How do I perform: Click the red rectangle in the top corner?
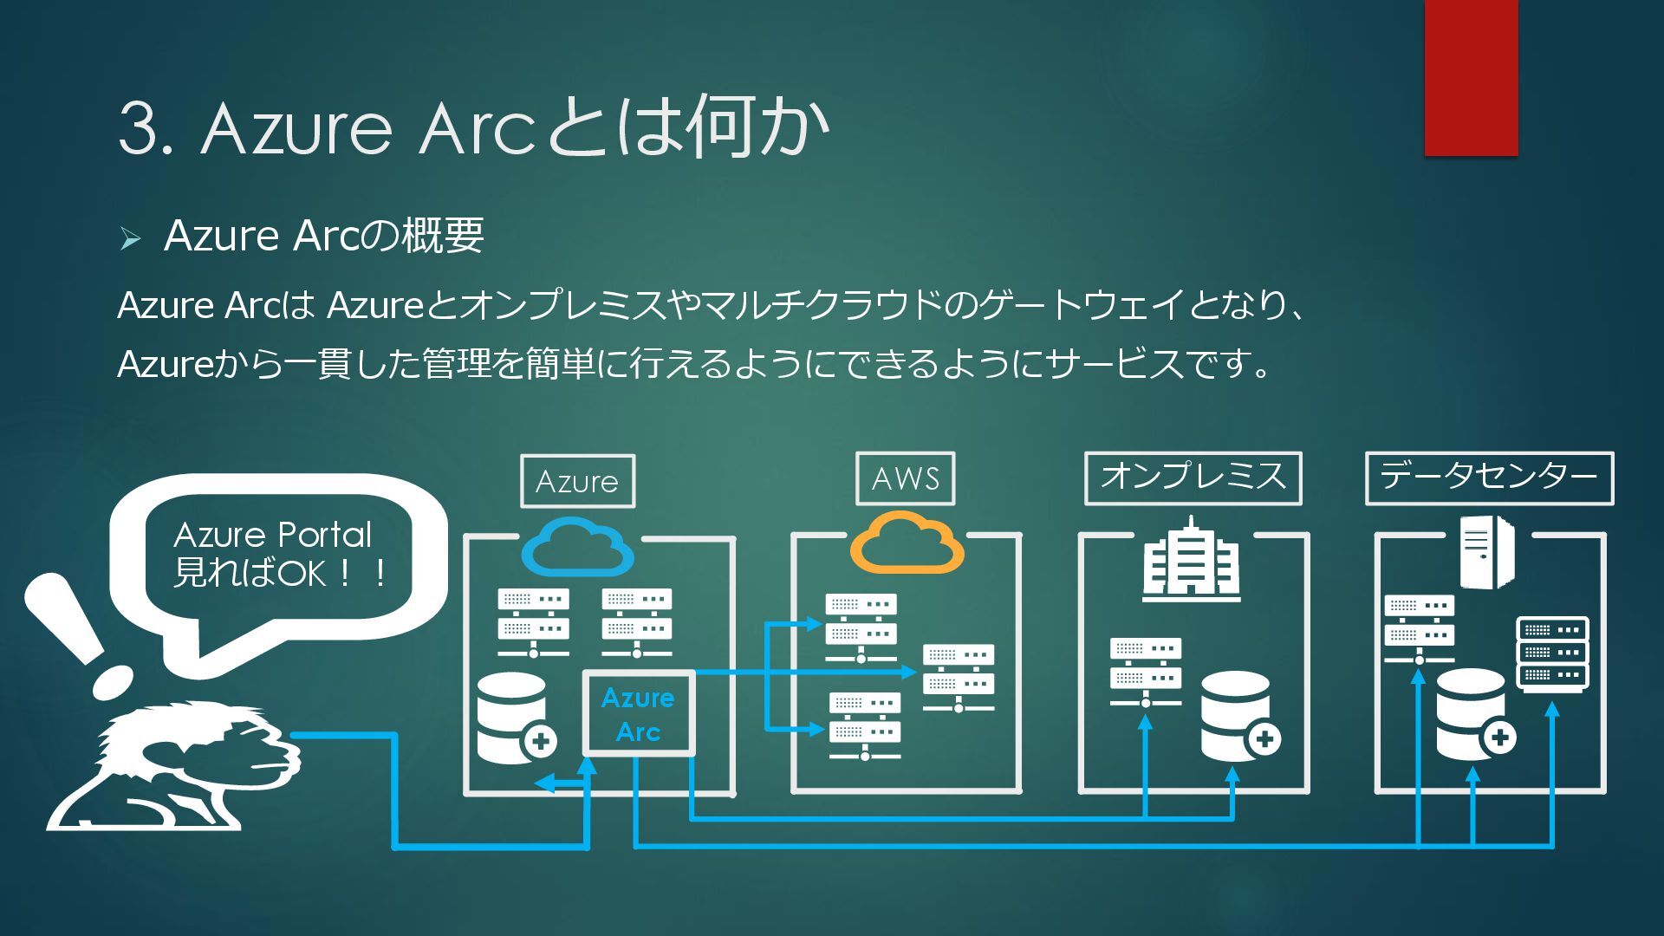tap(1471, 78)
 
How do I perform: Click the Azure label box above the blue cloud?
tap(577, 481)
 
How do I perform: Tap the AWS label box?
tap(905, 478)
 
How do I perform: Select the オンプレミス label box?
tap(1193, 478)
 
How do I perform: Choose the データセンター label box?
tap(1488, 478)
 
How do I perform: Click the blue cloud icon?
tap(577, 546)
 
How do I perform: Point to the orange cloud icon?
tap(907, 543)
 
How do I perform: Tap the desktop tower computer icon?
tap(1485, 551)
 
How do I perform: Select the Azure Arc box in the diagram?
tap(638, 714)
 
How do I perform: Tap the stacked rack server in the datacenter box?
tap(1552, 653)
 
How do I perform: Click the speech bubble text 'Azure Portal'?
tap(272, 535)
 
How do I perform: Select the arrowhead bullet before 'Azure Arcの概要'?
tap(131, 238)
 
